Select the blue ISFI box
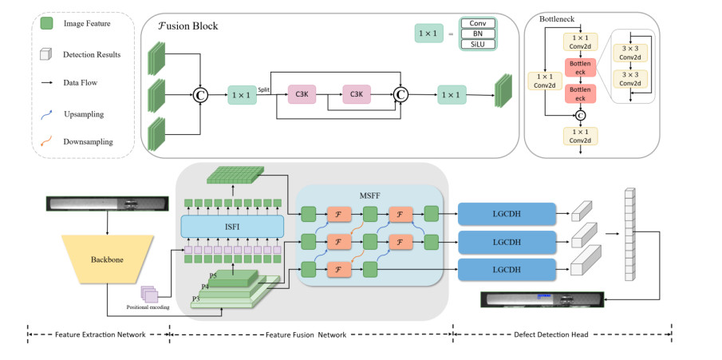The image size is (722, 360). pos(233,227)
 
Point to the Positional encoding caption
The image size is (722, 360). pos(148,307)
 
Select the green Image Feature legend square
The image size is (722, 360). pos(47,24)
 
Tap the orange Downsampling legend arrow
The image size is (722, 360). pos(47,142)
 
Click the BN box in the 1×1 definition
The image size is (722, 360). pos(478,34)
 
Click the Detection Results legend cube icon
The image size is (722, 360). pos(47,53)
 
